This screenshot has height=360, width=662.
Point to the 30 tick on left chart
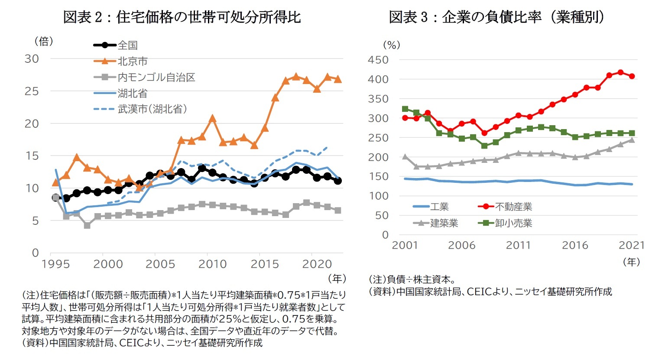(x=32, y=59)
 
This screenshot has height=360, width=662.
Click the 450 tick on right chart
(x=378, y=60)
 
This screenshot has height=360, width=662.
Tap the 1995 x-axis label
(x=55, y=264)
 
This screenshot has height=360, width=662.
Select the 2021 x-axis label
(x=632, y=245)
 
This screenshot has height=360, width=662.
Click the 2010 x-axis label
(x=212, y=264)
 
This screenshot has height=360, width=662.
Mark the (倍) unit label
(x=43, y=41)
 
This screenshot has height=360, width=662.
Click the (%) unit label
(x=392, y=45)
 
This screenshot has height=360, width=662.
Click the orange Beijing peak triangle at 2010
(x=212, y=118)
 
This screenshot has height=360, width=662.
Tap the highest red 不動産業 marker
(x=620, y=72)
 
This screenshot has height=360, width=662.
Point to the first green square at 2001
(x=405, y=109)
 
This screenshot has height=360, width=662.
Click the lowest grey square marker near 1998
(x=87, y=225)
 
